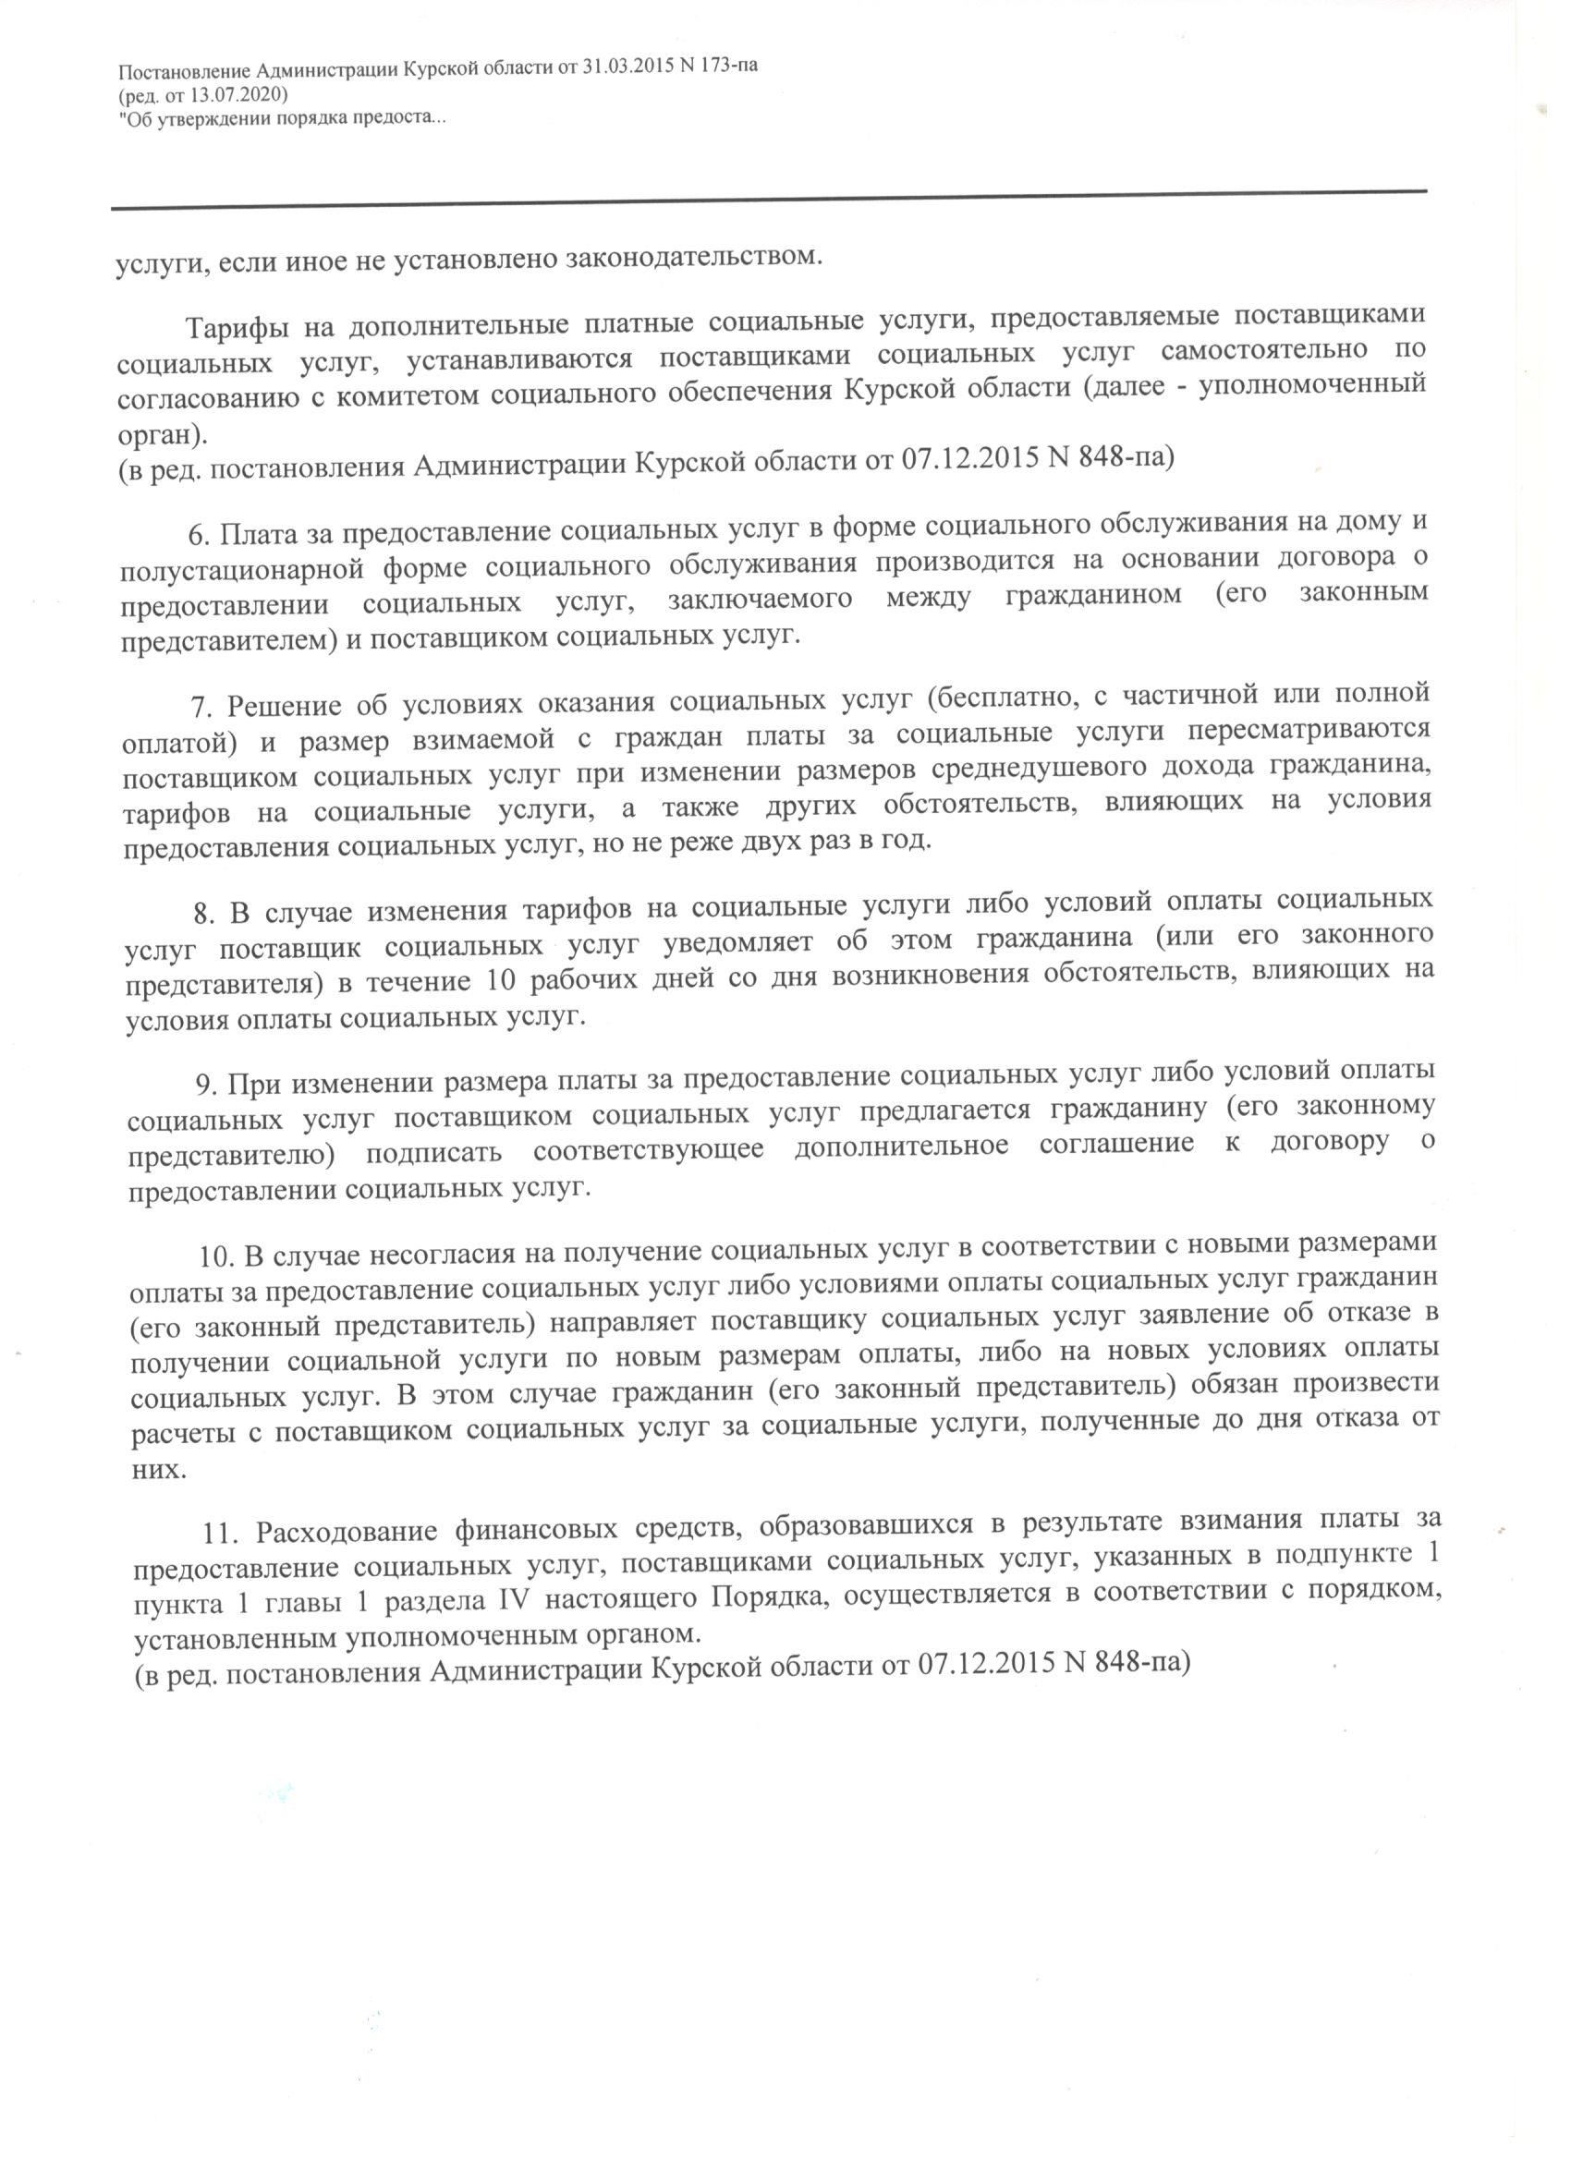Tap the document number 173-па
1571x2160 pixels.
pyautogui.click(x=725, y=67)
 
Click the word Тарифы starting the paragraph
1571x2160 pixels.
pyautogui.click(x=234, y=328)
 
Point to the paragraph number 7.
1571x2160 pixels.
pyautogui.click(x=200, y=708)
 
